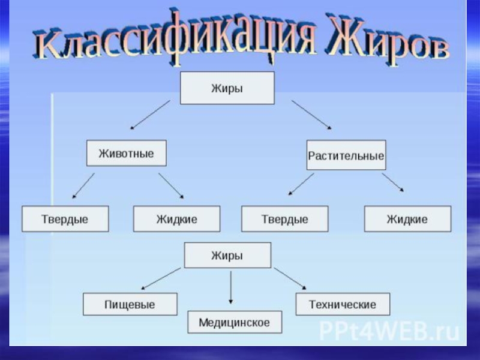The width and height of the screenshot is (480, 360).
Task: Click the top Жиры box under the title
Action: [227, 88]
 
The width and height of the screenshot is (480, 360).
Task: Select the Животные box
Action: [126, 153]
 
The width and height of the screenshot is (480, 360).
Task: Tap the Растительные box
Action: [346, 155]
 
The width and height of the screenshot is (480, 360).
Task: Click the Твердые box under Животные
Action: [65, 219]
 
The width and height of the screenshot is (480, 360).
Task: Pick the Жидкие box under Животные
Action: [176, 219]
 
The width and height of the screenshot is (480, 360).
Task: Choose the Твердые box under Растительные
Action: [284, 219]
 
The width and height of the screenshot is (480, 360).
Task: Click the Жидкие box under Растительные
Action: [407, 219]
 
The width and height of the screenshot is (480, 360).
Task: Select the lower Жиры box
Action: [227, 255]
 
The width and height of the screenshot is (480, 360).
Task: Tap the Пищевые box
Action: [130, 304]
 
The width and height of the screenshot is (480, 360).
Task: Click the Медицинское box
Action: [234, 322]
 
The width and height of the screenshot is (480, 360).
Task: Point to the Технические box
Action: [343, 304]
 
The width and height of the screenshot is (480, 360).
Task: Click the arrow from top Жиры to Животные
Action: [150, 115]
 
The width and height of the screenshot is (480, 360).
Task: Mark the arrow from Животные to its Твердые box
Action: [83, 186]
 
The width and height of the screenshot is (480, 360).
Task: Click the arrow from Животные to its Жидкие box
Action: [172, 186]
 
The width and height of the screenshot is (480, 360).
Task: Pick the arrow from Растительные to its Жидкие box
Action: [393, 183]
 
